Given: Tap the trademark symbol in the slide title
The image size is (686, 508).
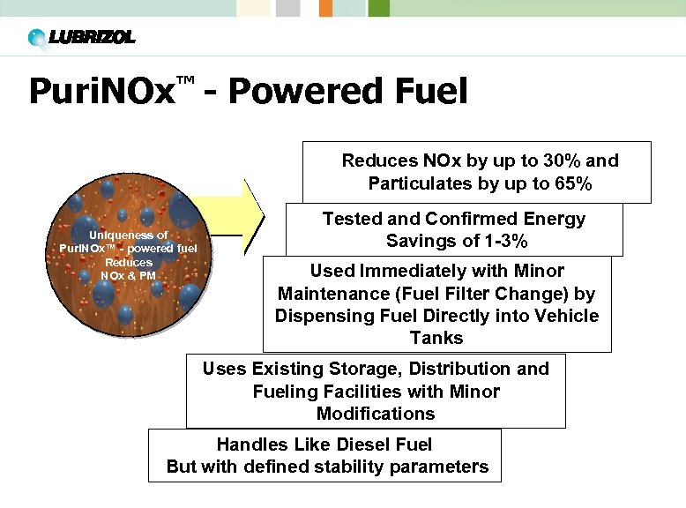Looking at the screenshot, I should (184, 81).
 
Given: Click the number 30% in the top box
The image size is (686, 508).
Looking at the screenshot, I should (544, 161).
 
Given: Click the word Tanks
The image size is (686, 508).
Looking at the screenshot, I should (436, 338).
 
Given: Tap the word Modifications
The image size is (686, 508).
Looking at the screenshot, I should (376, 414).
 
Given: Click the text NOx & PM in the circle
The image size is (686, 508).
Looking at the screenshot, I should (128, 275).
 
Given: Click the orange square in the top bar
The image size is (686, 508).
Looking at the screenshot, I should (325, 8).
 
